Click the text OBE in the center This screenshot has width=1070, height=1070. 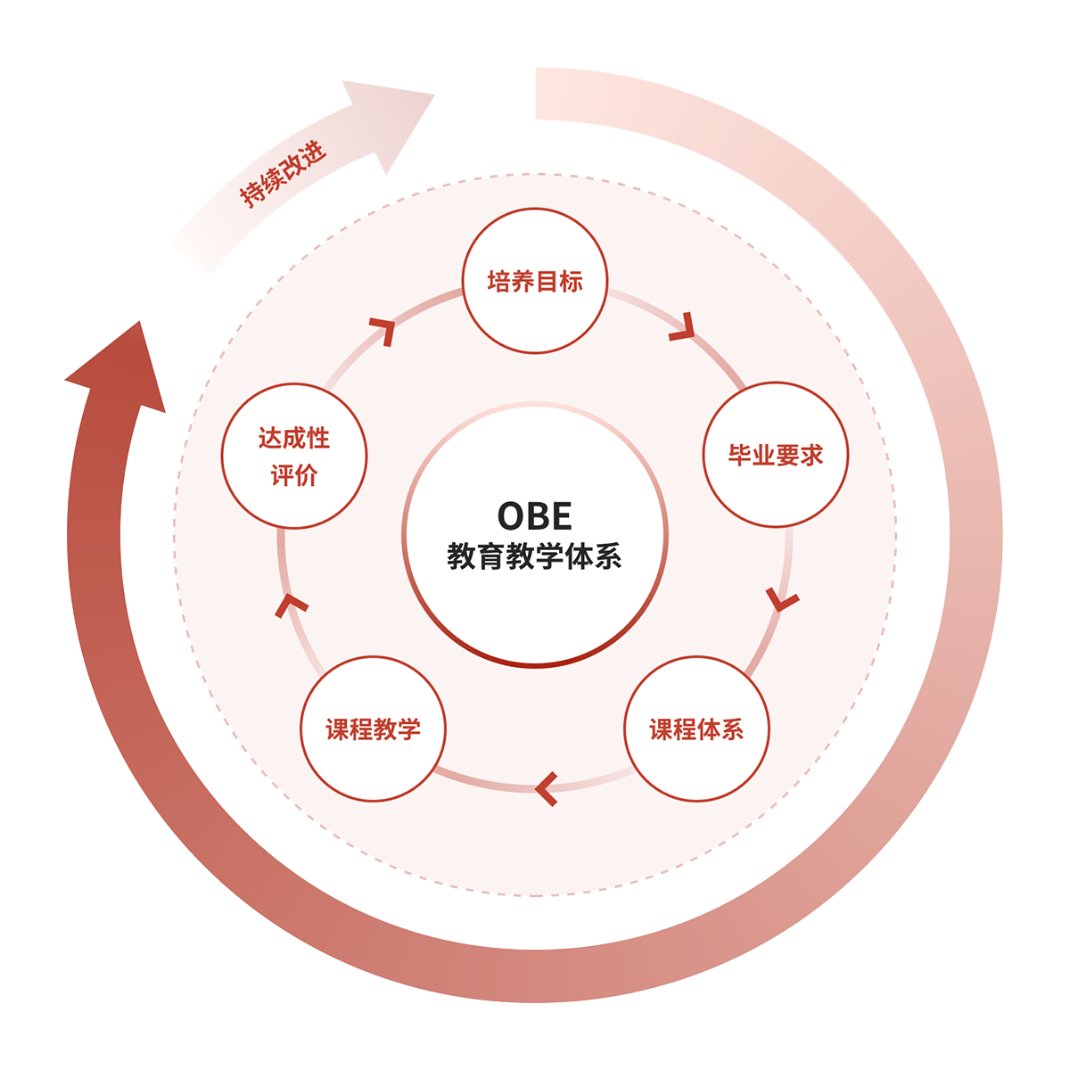point(534,516)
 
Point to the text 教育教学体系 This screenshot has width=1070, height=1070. point(534,557)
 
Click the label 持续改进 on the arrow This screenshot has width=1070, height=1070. point(284,175)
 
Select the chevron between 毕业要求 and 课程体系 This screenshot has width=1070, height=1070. point(783,600)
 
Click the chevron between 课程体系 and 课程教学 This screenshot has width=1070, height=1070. point(547,788)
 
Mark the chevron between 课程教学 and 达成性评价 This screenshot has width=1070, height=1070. point(291,605)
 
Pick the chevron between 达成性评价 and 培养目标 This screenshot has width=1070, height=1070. point(384,329)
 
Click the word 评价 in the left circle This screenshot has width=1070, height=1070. point(294,476)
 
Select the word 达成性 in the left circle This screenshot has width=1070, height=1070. point(294,438)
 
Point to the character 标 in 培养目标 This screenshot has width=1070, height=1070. point(572,282)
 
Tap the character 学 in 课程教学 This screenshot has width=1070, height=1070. point(409,729)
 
